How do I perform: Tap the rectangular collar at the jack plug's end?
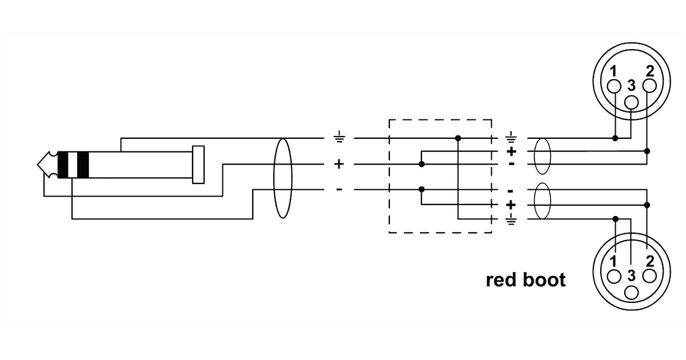(x=198, y=165)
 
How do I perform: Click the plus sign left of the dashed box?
(x=339, y=165)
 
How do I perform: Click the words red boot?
(x=525, y=280)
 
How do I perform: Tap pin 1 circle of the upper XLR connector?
(x=614, y=86)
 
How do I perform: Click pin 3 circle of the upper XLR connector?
(x=631, y=102)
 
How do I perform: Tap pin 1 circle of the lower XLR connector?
(x=614, y=276)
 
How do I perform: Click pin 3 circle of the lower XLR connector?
(x=631, y=292)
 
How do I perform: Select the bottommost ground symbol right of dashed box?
(x=510, y=219)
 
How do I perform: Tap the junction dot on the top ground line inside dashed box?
(x=458, y=138)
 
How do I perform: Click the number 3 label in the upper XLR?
(x=631, y=86)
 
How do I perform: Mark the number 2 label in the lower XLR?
(x=649, y=262)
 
